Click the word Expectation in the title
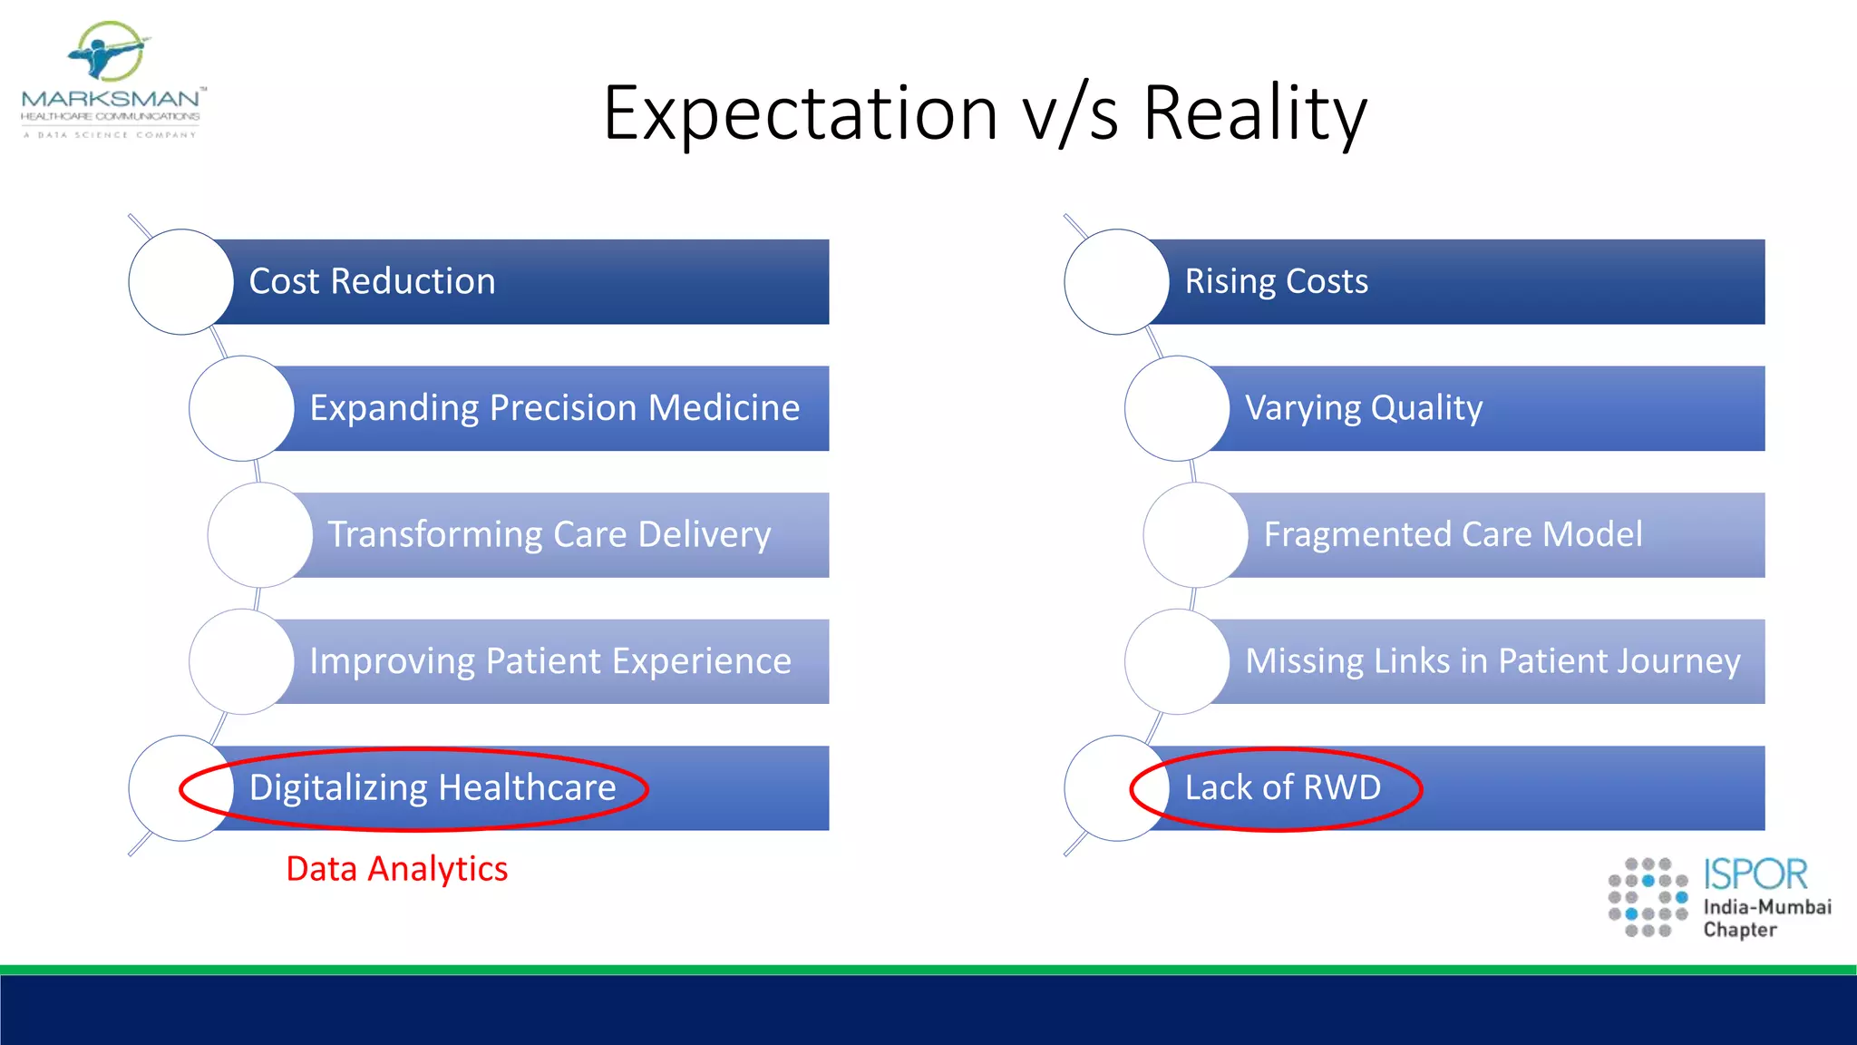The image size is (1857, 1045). tap(801, 113)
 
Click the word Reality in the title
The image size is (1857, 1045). tap(1254, 113)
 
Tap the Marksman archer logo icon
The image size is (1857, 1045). tap(109, 52)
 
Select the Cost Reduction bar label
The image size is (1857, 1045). tap(372, 281)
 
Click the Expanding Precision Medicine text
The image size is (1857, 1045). tap(554, 408)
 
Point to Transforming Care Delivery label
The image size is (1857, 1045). tap(549, 534)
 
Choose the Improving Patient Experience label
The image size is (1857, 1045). tap(549, 661)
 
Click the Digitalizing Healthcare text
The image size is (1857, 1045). tap(433, 787)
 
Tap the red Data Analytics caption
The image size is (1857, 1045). tap(396, 869)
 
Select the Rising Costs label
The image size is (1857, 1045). tap(1276, 281)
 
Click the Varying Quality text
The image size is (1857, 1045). tap(1363, 408)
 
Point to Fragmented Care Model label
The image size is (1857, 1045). tap(1453, 534)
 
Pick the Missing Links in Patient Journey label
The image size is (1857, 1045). tap(1492, 661)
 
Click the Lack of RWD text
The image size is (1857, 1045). tap(1282, 787)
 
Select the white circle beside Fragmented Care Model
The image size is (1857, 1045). tap(1195, 534)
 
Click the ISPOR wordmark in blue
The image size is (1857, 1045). tap(1755, 874)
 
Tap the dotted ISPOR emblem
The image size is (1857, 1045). tap(1648, 897)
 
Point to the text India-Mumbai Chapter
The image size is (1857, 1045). tap(1766, 918)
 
